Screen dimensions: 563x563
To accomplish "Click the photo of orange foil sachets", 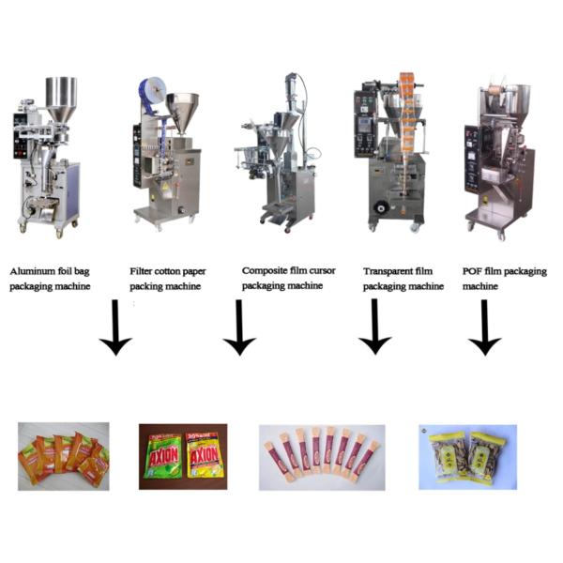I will (x=64, y=455).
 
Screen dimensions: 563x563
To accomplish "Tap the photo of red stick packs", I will (x=322, y=456).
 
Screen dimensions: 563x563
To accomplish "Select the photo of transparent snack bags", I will (x=466, y=456).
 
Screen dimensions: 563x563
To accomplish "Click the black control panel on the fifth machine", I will (x=471, y=150).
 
